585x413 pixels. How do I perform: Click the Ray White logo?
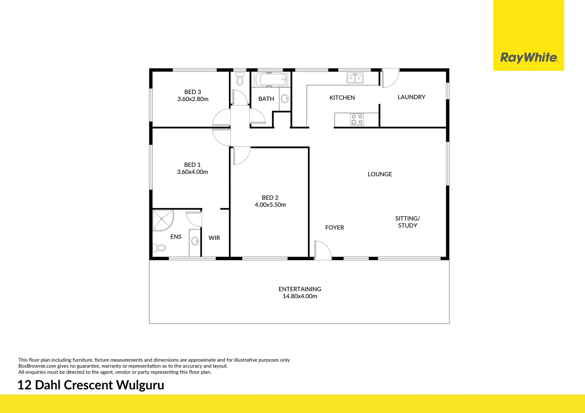click(x=529, y=57)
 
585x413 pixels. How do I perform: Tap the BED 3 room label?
click(x=193, y=92)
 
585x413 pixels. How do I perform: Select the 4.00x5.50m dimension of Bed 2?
click(x=270, y=205)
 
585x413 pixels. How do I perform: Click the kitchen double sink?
click(x=355, y=78)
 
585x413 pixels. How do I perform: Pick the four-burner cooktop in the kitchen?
click(x=357, y=120)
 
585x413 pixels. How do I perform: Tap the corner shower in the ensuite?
click(x=162, y=220)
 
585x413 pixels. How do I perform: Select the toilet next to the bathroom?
click(x=240, y=80)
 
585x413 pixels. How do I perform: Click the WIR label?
click(x=214, y=238)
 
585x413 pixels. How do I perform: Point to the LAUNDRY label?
click(x=411, y=97)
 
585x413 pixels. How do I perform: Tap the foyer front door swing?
click(x=322, y=250)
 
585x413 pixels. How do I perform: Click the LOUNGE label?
click(x=380, y=174)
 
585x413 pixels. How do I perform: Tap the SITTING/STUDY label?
click(x=407, y=222)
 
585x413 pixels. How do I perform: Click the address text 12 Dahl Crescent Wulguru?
click(x=91, y=385)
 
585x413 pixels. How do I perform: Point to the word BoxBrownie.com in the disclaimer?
click(x=37, y=366)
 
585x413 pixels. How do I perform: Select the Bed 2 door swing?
click(x=240, y=156)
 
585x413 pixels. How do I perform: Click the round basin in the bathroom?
click(x=285, y=99)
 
